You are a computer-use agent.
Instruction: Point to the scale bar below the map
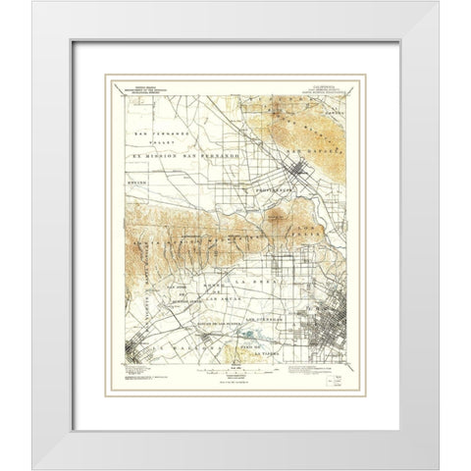(235, 371)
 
